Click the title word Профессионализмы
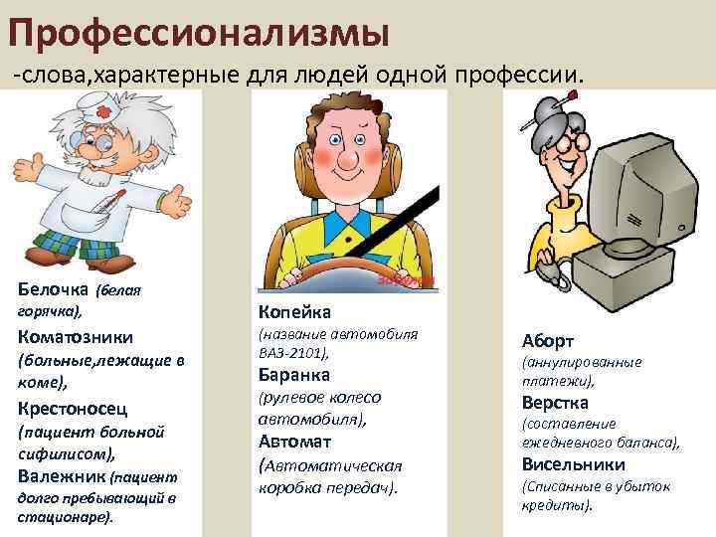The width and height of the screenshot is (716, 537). tap(199, 30)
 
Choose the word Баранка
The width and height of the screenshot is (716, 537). tap(294, 375)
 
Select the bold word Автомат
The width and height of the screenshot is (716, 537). tap(294, 441)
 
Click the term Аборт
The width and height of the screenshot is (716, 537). tap(548, 339)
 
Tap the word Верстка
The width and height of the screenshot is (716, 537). tap(555, 403)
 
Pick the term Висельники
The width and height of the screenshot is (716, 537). tap(573, 464)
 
